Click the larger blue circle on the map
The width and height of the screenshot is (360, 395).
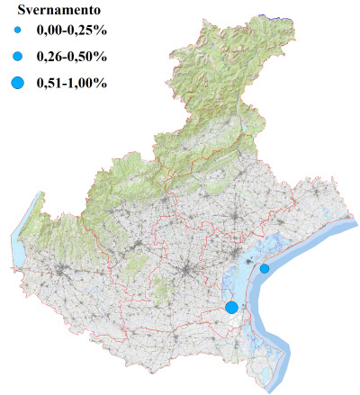click(231, 307)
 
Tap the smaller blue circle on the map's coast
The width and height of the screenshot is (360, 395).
click(265, 268)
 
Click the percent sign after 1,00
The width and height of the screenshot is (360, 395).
click(102, 84)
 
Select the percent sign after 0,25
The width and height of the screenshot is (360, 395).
click(102, 34)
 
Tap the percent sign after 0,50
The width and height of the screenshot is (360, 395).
click(102, 58)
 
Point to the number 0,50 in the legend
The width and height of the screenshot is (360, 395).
click(84, 58)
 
